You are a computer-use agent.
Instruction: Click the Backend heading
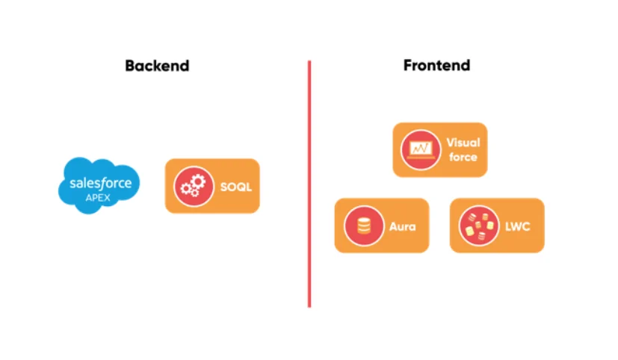(157, 66)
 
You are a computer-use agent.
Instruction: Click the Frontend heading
(436, 65)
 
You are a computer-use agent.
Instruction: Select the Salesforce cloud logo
(99, 184)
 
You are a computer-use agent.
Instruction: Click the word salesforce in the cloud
(100, 182)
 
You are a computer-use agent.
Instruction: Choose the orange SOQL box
(212, 186)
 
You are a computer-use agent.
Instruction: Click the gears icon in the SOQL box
(193, 186)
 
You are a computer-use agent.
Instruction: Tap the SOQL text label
(235, 187)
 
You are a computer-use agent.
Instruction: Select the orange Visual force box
(439, 149)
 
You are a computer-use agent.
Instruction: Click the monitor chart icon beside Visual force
(419, 149)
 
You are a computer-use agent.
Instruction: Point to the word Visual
(463, 142)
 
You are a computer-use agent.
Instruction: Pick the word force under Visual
(463, 157)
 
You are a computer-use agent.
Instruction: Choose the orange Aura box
(381, 226)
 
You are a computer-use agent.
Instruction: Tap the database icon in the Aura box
(362, 226)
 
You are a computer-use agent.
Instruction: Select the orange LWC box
(497, 226)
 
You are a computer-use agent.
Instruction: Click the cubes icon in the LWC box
(478, 226)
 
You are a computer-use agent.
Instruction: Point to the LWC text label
(517, 226)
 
